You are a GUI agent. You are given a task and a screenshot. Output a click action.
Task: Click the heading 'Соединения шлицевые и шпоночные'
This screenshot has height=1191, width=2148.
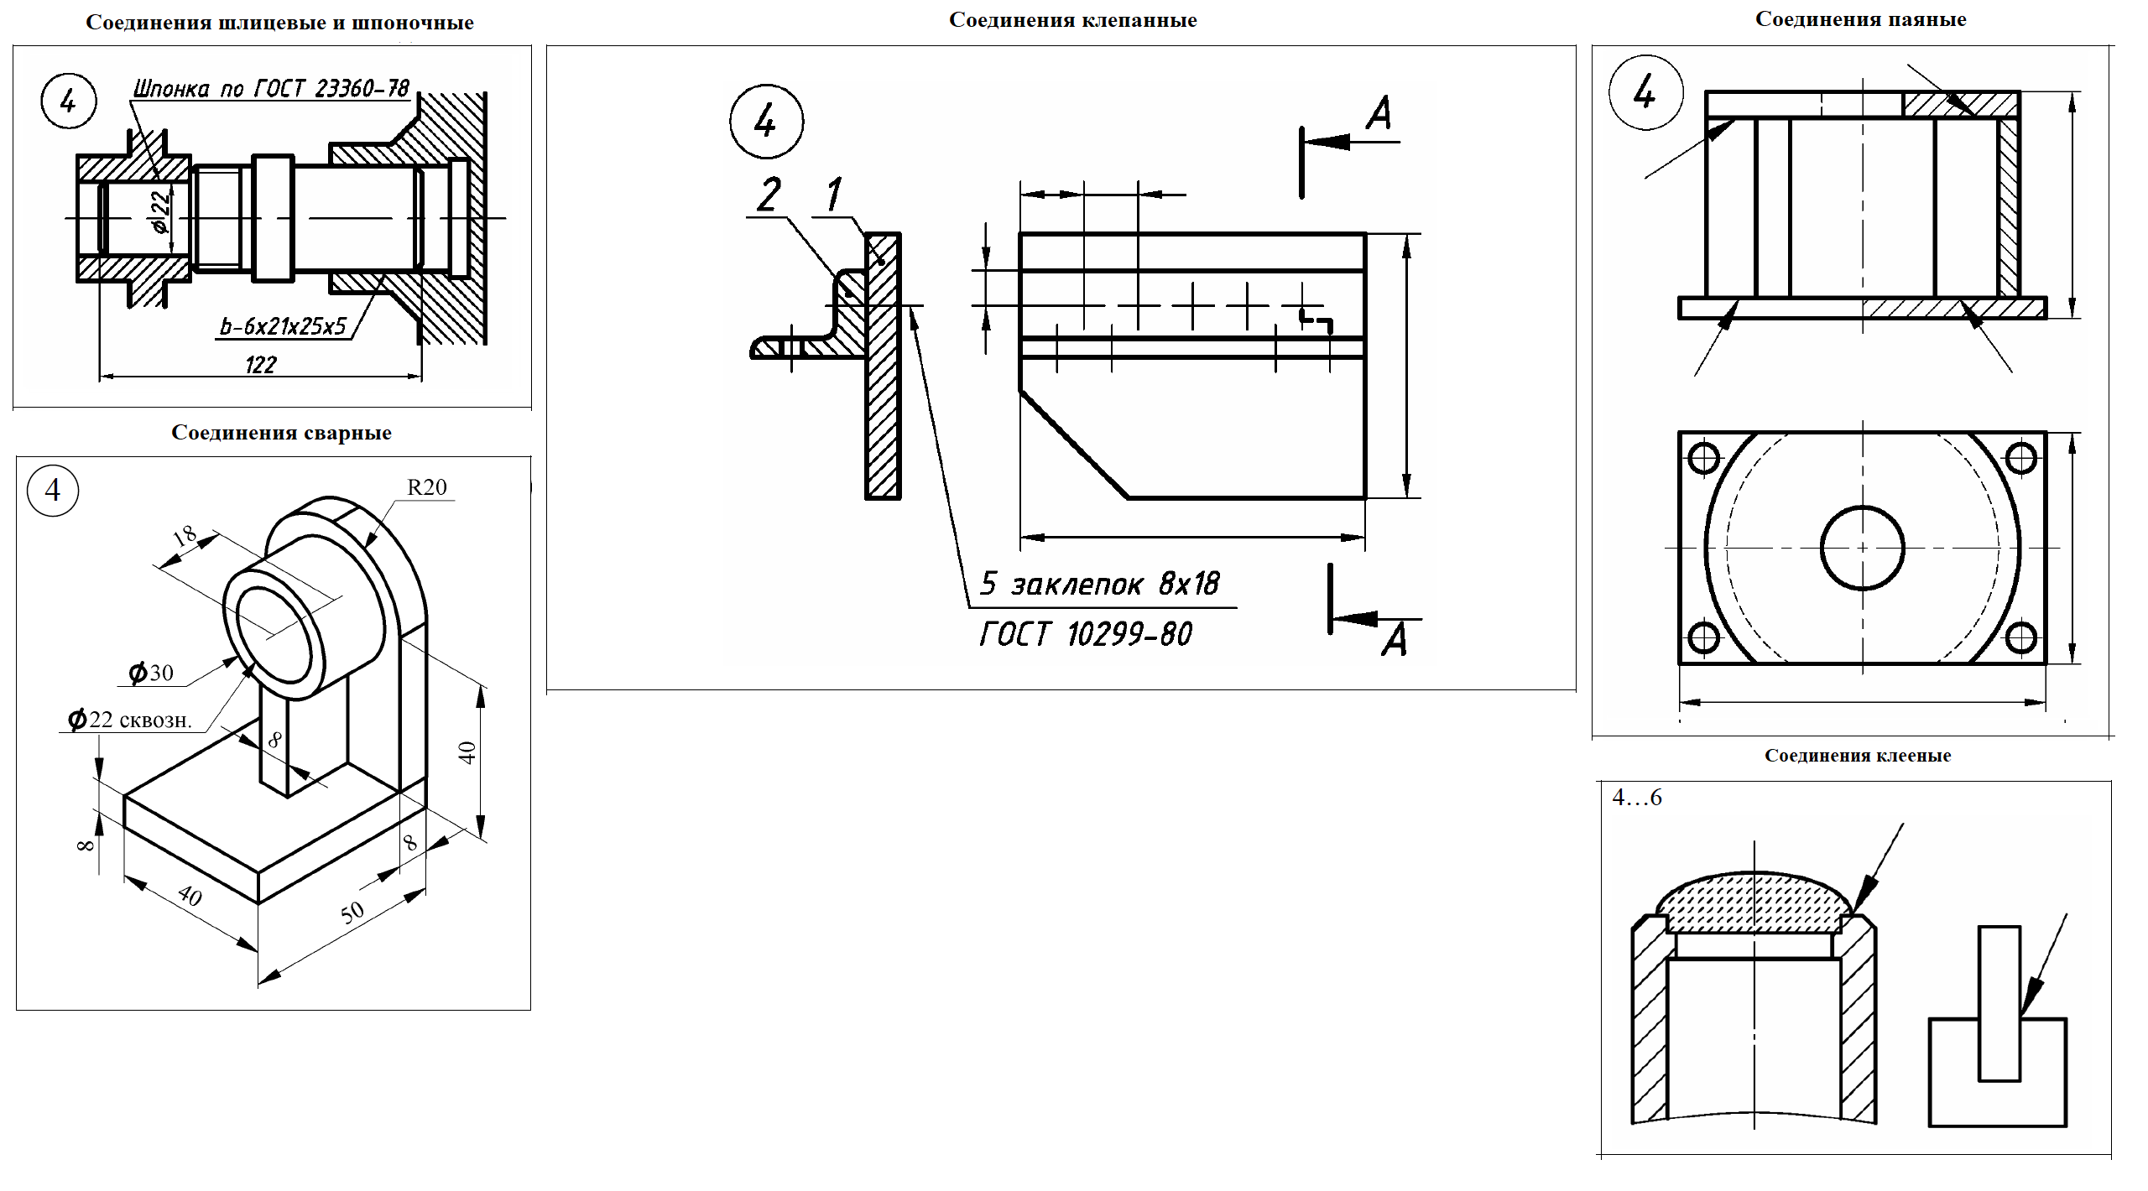tap(279, 23)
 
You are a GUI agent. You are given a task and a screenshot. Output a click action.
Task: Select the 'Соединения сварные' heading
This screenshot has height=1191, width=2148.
tap(281, 433)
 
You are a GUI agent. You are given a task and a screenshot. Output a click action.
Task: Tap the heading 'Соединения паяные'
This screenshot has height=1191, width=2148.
tap(1860, 19)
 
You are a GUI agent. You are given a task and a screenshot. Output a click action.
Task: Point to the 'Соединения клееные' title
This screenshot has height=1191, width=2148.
tap(1858, 756)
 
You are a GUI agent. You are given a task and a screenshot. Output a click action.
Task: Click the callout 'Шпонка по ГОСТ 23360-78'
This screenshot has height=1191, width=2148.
tap(271, 88)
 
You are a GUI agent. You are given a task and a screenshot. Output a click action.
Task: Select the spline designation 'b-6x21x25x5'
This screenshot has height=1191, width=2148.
tap(283, 325)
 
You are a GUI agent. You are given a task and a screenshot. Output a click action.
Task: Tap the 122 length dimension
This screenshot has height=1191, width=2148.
tap(260, 365)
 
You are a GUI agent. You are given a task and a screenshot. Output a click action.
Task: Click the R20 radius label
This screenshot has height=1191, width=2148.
tap(426, 487)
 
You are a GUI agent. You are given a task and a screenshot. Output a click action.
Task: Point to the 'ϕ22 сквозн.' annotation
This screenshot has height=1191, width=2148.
tap(131, 720)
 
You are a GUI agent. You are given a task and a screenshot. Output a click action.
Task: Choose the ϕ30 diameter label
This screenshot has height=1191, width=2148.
tap(151, 673)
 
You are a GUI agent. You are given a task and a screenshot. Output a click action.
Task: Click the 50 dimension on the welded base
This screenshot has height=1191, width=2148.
tap(352, 912)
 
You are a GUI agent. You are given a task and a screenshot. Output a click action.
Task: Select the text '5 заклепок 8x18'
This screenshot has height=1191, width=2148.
tap(1100, 584)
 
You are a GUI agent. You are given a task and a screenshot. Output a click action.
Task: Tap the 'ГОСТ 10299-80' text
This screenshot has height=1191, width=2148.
tap(1086, 634)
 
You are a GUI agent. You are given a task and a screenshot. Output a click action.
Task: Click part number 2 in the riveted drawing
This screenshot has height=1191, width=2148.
tap(769, 195)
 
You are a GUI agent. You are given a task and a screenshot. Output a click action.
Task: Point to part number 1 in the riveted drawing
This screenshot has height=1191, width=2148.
tap(833, 195)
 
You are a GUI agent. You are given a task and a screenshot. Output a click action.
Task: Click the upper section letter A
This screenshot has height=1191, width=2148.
tap(1378, 114)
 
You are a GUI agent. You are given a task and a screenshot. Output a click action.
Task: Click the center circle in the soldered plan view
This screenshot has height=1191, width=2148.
tap(1862, 548)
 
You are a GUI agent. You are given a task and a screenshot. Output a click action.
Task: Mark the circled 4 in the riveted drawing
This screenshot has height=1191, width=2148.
tap(765, 122)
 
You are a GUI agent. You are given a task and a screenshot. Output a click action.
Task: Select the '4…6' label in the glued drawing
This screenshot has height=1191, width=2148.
tap(1636, 798)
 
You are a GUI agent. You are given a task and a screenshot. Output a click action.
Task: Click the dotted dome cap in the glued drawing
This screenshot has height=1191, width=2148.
tap(1754, 902)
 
